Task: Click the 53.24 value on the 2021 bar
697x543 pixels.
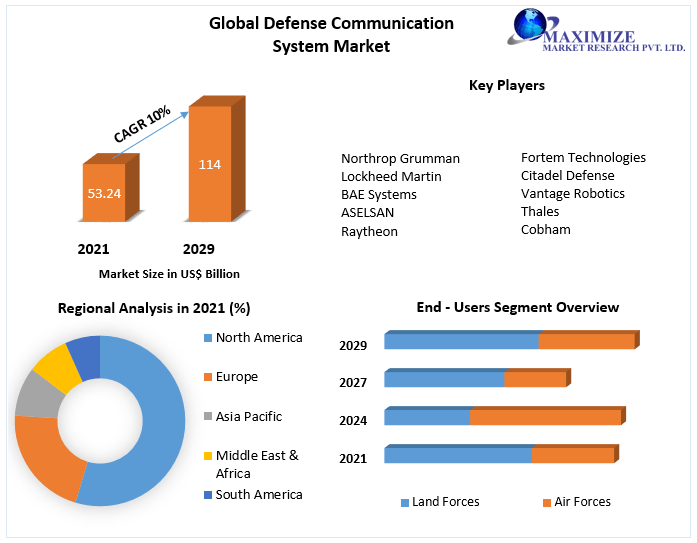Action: (104, 193)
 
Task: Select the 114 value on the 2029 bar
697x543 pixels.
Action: (209, 164)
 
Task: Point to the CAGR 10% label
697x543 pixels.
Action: (142, 124)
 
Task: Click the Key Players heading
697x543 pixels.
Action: (506, 86)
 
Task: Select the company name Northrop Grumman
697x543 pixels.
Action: (400, 158)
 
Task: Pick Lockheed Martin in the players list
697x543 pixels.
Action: (391, 176)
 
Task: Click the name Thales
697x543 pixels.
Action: (540, 211)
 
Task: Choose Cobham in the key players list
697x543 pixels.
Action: (545, 229)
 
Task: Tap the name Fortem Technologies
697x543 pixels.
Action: (583, 157)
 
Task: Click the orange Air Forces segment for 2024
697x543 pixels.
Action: (545, 417)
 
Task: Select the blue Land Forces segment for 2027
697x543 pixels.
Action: (444, 379)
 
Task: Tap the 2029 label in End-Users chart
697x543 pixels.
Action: (353, 345)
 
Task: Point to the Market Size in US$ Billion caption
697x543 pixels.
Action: (169, 273)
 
